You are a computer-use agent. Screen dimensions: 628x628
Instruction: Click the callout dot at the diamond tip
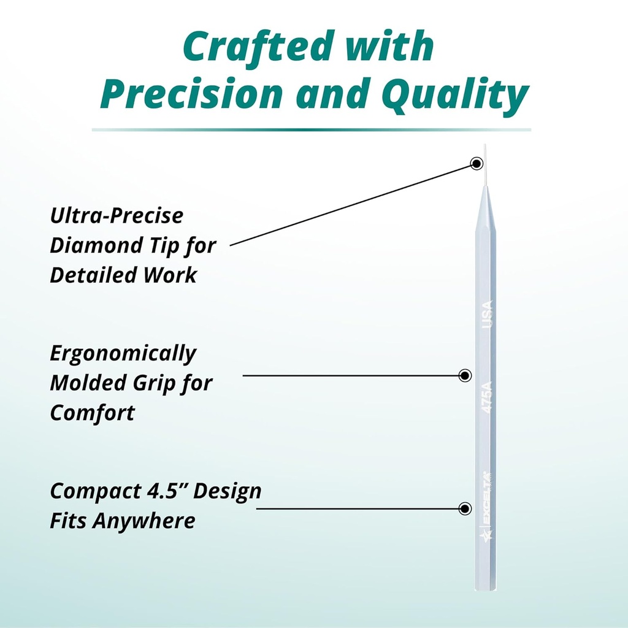point(477,163)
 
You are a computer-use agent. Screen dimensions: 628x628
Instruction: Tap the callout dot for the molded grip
point(465,375)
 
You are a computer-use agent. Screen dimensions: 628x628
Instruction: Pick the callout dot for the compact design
point(465,508)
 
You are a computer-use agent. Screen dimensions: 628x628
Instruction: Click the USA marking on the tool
point(488,313)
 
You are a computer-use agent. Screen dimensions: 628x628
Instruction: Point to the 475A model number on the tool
point(488,399)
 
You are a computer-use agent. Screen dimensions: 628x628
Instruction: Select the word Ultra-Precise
point(117,216)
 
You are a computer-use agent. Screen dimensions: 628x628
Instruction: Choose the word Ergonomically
point(123,354)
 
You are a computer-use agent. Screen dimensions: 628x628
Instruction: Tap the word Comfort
point(92,413)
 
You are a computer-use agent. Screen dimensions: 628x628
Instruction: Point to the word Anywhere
point(144,521)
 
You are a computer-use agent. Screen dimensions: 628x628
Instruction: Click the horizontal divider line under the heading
point(311,130)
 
